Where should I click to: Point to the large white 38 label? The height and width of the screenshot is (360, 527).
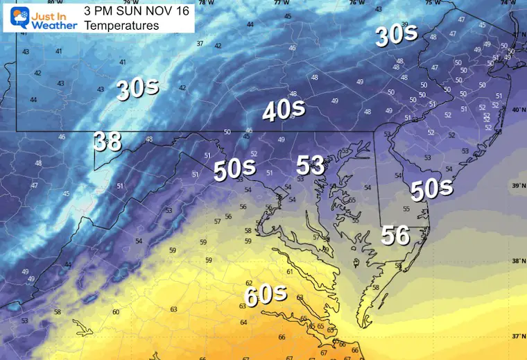108,142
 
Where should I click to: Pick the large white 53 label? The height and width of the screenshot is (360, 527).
311,165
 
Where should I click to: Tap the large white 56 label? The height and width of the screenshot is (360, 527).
395,237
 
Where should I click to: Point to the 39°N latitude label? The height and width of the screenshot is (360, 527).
516,186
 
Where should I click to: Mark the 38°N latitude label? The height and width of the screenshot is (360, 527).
516,261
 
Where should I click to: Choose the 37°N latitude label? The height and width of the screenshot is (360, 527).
516,336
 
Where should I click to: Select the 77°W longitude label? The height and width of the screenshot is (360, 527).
281,3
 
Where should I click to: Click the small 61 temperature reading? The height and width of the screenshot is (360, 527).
289,272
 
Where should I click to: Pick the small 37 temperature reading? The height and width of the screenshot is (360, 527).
200,44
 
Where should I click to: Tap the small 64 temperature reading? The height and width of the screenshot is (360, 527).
243,323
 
